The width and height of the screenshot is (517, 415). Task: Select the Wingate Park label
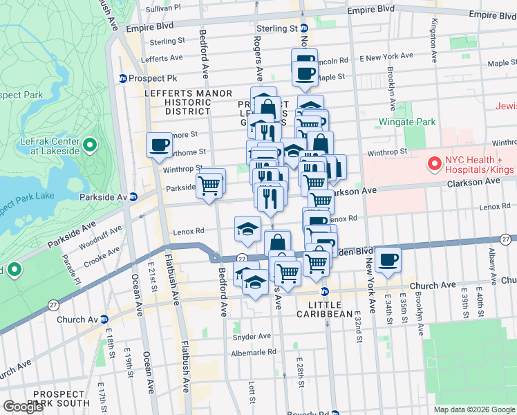(407, 122)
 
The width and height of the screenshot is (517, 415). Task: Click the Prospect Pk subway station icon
(123, 79)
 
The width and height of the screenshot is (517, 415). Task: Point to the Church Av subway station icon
(104, 320)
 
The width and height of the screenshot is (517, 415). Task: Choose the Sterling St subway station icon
(302, 28)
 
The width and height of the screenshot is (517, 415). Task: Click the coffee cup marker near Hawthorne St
(160, 145)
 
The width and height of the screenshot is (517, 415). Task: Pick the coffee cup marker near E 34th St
(388, 259)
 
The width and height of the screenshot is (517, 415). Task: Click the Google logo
(23, 407)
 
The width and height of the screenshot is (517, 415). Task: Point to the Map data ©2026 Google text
(474, 409)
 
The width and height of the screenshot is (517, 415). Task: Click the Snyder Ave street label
(252, 337)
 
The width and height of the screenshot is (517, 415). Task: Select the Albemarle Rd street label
(253, 351)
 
